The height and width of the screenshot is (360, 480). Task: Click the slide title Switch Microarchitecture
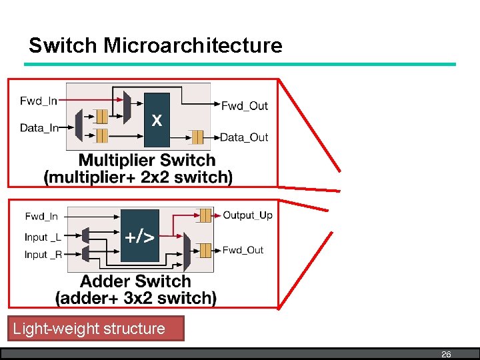coord(155,46)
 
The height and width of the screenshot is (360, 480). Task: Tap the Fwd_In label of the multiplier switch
coord(39,101)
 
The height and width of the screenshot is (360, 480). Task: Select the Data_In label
coord(39,127)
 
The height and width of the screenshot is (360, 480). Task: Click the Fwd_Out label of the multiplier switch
coord(244,106)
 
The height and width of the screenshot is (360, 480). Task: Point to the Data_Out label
coord(244,137)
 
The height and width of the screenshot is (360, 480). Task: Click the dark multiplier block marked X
coord(157,120)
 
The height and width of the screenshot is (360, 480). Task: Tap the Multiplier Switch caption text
coord(147,161)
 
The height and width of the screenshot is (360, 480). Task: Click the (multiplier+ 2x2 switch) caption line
coord(138,177)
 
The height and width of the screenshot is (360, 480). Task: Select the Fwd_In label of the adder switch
coord(41,216)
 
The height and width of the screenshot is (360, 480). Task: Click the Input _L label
coord(43,237)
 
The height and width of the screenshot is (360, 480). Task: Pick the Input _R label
coord(43,255)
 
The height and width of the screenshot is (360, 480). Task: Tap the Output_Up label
coord(247,215)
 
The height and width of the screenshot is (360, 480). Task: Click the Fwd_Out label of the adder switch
coord(243,250)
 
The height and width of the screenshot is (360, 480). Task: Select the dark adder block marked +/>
coord(140,235)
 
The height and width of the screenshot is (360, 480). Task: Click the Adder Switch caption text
coord(135,281)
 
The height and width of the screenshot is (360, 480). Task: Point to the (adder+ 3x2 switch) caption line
coord(136,298)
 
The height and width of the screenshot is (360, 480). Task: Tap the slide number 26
coord(446,355)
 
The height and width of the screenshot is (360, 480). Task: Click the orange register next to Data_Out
coord(197,137)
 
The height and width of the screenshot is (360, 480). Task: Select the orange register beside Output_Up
coord(205,215)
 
